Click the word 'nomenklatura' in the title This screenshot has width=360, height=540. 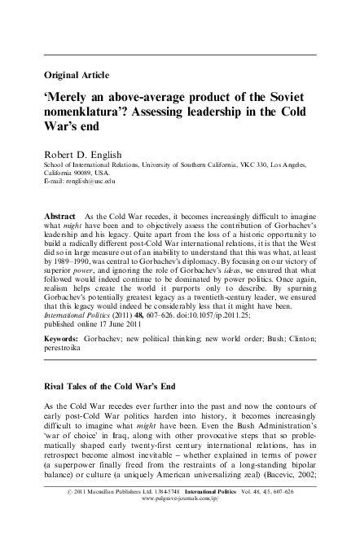[x=87, y=112]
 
